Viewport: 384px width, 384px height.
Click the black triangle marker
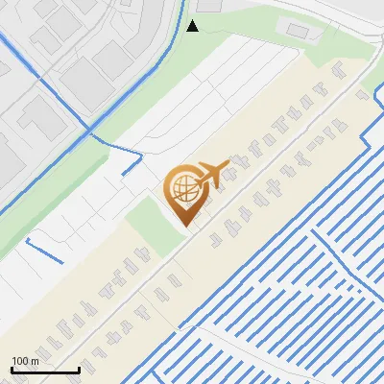point(192,25)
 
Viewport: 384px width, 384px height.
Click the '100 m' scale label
point(26,361)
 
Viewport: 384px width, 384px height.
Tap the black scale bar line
point(44,370)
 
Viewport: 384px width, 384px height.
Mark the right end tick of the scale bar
point(79,368)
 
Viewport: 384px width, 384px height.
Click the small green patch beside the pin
point(150,221)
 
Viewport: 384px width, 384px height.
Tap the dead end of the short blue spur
point(126,174)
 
